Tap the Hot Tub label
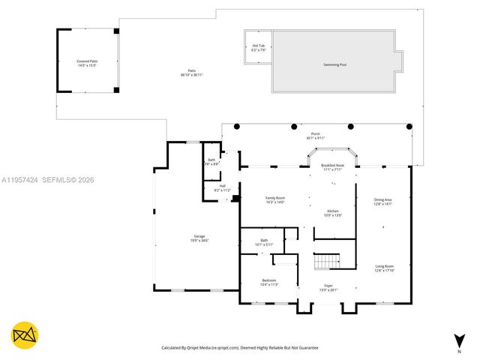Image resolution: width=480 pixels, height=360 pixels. tap(258, 46)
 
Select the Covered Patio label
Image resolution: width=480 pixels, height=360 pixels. tap(87, 61)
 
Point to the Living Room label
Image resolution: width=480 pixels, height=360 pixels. tap(385, 266)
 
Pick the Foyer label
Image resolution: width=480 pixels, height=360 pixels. tap(328, 285)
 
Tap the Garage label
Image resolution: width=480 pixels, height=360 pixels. tap(200, 236)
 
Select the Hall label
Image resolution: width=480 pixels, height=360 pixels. tap(222, 187)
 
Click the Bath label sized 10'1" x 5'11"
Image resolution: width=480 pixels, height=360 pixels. tap(265, 241)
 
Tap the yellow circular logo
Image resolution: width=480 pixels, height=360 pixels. tap(24, 335)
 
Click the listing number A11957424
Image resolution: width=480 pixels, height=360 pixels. tap(22, 179)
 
